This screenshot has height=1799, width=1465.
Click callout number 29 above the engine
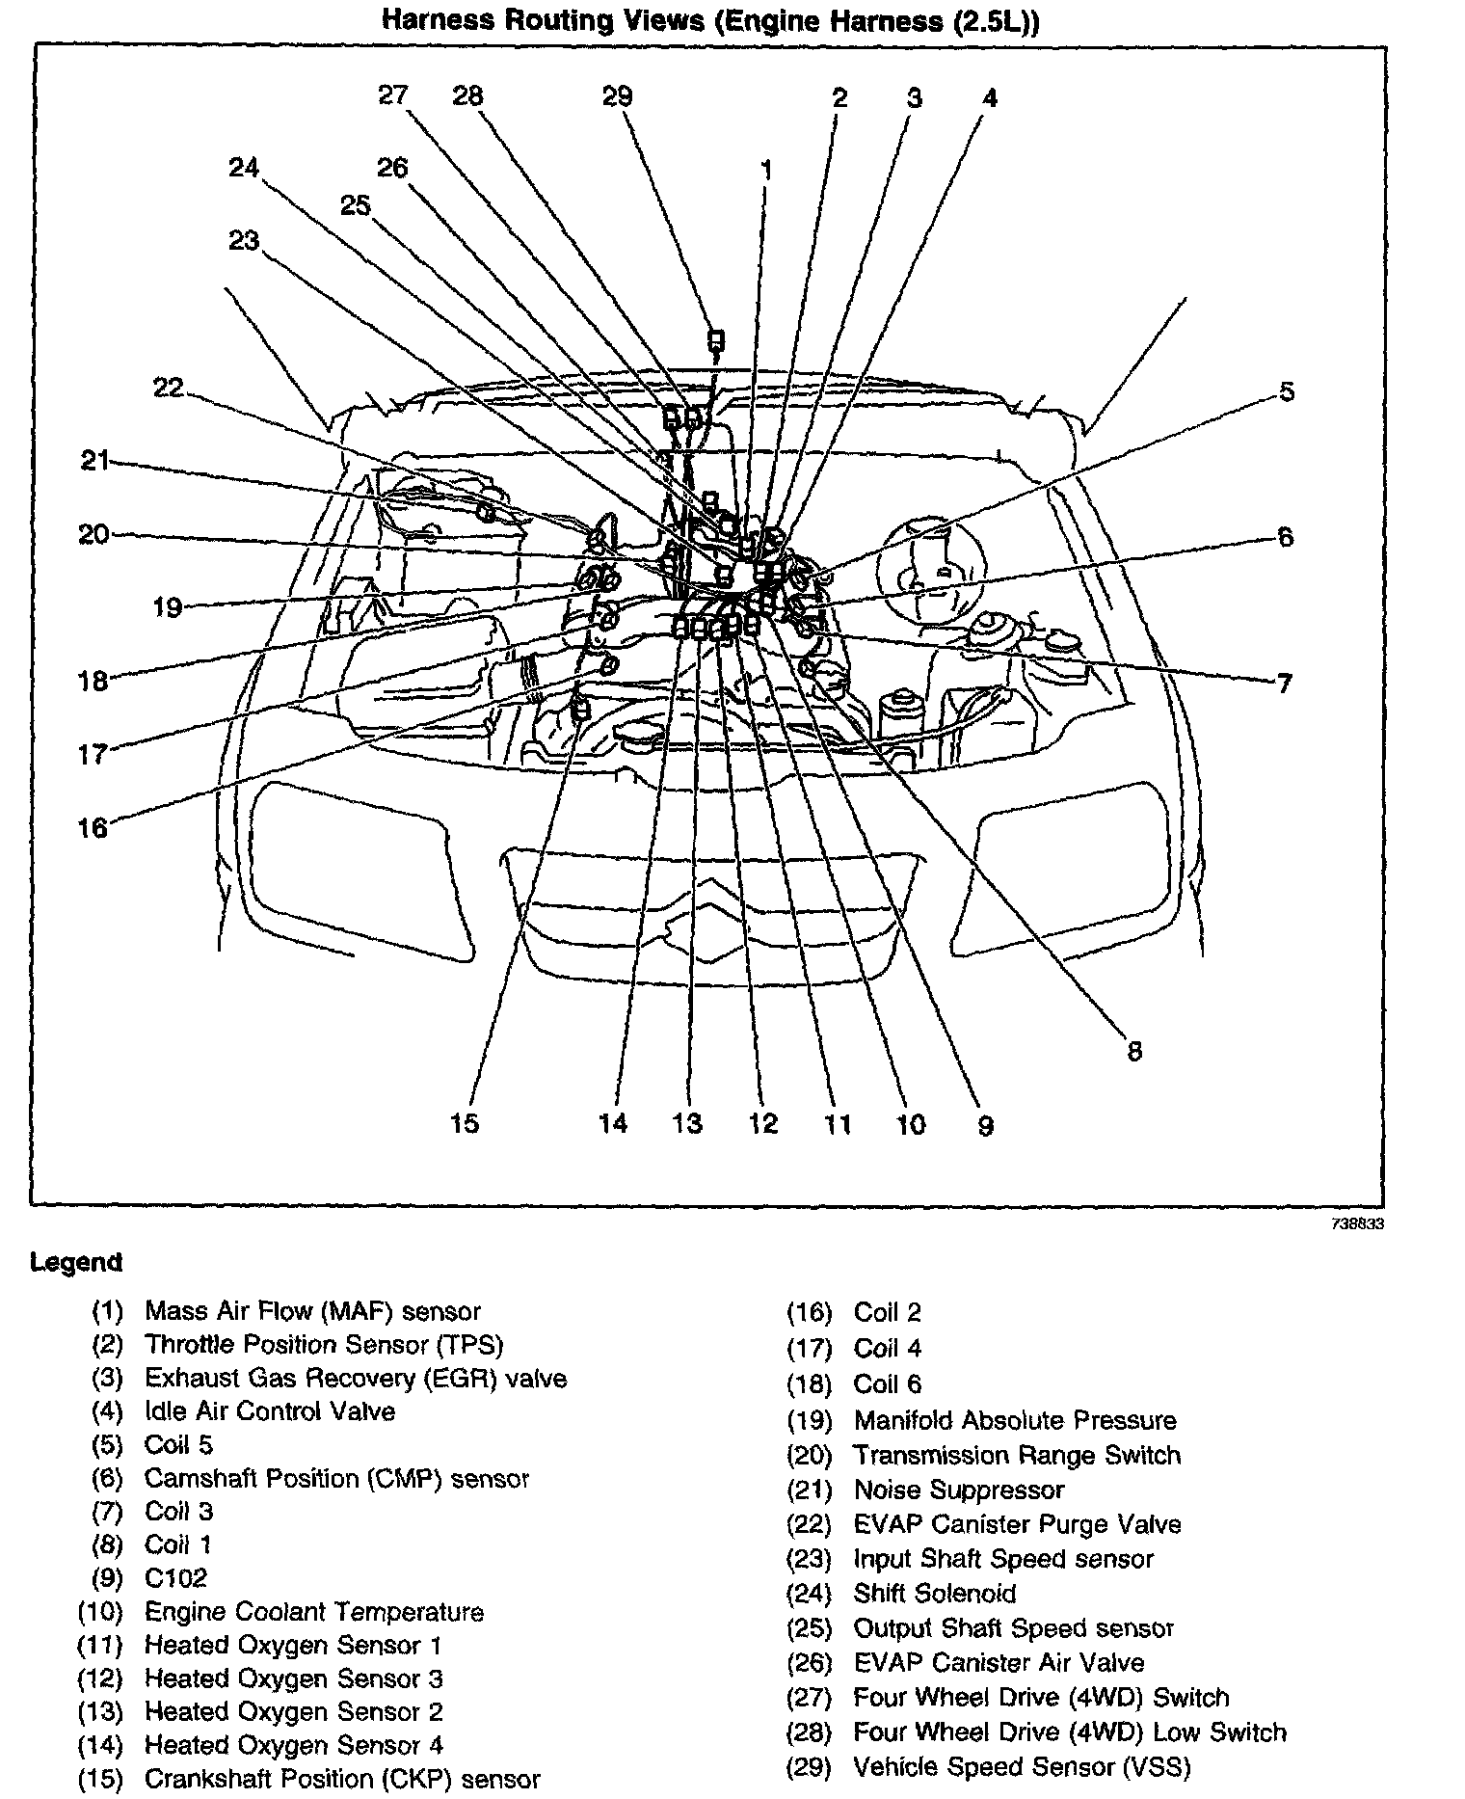click(x=617, y=96)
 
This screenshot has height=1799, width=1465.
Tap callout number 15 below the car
click(x=465, y=1123)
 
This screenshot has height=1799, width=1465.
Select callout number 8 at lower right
click(x=1134, y=1051)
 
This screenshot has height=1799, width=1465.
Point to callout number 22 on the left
click(x=168, y=388)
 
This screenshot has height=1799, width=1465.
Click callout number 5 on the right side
click(x=1287, y=392)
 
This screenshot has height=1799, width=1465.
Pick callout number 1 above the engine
click(x=766, y=172)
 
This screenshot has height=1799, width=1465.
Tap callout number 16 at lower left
click(x=93, y=828)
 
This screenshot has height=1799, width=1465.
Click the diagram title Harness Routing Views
click(x=711, y=21)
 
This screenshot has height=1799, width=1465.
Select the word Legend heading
click(x=76, y=1262)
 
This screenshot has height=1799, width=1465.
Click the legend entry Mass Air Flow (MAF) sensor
click(x=312, y=1311)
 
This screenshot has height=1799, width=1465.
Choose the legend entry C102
click(x=175, y=1578)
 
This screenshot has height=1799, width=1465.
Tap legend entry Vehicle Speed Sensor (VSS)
click(x=1022, y=1767)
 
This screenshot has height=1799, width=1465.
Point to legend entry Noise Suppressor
click(x=959, y=1490)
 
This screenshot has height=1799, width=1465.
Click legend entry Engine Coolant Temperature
click(x=313, y=1612)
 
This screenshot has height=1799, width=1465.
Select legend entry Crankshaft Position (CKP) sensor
click(x=342, y=1779)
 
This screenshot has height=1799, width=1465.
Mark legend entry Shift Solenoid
click(x=935, y=1594)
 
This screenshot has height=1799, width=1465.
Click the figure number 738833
click(x=1356, y=1223)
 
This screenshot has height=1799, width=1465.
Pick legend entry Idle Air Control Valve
click(x=270, y=1411)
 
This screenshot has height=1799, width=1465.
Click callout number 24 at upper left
click(x=244, y=168)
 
